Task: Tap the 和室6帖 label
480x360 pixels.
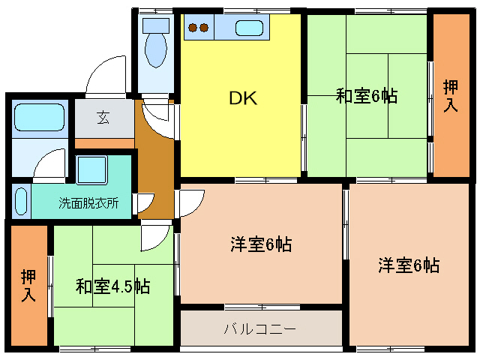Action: tap(366, 97)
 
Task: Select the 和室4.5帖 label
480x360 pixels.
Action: tap(112, 286)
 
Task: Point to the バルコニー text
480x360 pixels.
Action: tap(260, 328)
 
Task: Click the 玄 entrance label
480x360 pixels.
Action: tap(103, 117)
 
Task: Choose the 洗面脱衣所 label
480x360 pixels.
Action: tap(88, 203)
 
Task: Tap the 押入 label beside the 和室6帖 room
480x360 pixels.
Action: tap(450, 96)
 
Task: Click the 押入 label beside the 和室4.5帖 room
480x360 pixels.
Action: tap(28, 285)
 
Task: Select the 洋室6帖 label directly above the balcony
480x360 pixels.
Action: tap(260, 244)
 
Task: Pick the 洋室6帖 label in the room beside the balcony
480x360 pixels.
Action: tap(408, 265)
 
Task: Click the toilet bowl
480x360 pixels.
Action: tap(156, 49)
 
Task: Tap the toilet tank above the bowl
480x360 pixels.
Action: tap(156, 22)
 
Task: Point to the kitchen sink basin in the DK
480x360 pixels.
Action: tap(248, 28)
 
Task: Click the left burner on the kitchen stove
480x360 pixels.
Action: tap(193, 28)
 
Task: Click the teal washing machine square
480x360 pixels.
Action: tap(94, 171)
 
